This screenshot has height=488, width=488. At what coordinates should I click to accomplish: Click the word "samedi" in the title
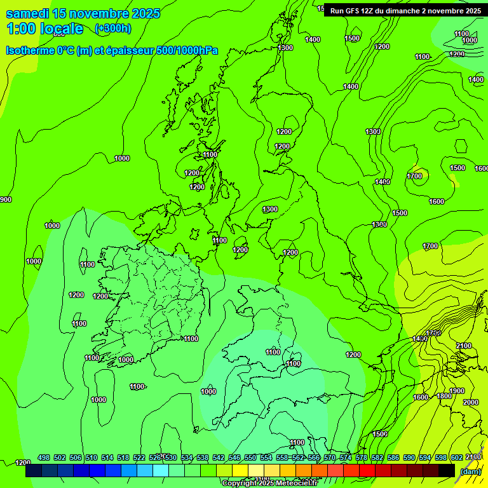coord(27,13)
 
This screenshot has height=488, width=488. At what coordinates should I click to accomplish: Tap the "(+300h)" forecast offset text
coord(112,28)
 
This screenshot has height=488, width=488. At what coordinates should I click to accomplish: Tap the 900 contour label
coord(5,200)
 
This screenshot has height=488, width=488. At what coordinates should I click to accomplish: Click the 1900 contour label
coord(457,391)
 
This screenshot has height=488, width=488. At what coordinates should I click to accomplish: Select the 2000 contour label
coord(471,402)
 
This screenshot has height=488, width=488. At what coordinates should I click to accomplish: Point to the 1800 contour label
coord(444,396)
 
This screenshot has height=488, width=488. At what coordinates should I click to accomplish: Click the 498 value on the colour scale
coord(44,457)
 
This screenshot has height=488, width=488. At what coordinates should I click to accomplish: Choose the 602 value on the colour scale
coord(457,457)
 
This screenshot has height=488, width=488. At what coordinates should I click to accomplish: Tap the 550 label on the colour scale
coord(250,457)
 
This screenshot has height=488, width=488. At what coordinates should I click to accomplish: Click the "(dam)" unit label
coord(471,471)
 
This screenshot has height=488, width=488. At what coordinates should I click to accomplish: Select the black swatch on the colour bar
coord(447,471)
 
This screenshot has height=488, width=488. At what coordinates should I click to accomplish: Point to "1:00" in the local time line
coord(21,29)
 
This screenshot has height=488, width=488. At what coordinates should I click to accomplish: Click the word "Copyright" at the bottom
coord(239,483)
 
